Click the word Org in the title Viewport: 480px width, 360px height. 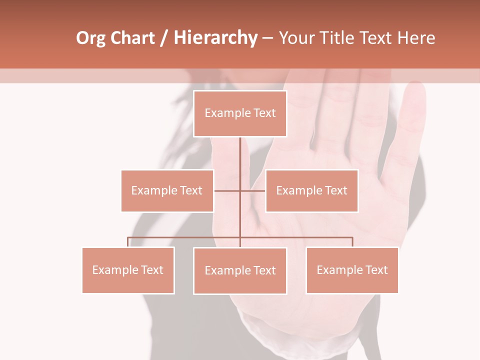pos(91,38)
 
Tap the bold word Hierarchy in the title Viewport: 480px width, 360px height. pos(215,38)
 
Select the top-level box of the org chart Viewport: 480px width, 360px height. pos(240,113)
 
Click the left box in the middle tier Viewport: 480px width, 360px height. pos(167,190)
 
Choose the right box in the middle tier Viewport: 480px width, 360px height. pos(311,190)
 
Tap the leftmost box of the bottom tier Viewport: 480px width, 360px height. pos(128,270)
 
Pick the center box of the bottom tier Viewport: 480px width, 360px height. pos(240,270)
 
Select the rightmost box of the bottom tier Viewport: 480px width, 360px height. pos(352,270)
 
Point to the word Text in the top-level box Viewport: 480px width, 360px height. pos(264,113)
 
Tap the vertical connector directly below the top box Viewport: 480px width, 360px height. pos(240,155)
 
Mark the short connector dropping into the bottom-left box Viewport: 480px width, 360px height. pos(128,242)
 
